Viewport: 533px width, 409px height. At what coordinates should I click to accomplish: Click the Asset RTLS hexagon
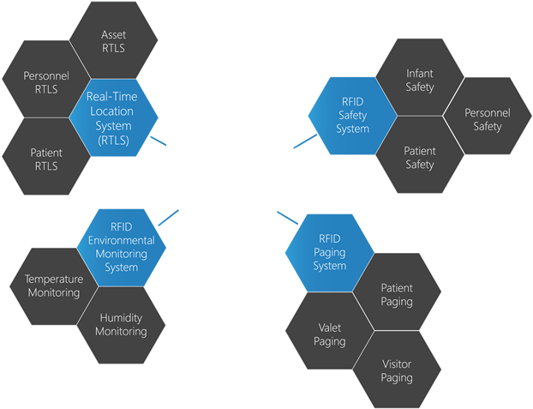click(113, 40)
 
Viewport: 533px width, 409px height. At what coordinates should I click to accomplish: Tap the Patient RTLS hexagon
click(45, 159)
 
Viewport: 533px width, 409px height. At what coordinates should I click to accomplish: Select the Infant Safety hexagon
click(420, 81)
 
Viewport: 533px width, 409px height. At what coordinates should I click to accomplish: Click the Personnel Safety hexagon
click(488, 119)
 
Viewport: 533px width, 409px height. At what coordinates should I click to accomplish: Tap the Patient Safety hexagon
click(420, 158)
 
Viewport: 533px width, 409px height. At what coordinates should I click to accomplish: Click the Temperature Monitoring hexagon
click(53, 286)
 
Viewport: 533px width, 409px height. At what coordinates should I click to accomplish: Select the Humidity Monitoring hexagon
click(120, 324)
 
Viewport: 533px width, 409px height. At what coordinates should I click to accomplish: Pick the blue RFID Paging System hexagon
click(331, 253)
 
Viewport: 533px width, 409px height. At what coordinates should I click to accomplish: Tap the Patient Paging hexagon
click(397, 295)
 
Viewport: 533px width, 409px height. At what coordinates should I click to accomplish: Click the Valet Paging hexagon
click(330, 334)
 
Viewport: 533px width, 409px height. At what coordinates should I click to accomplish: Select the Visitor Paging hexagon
click(397, 371)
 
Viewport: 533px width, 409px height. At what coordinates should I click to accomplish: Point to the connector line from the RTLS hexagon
click(159, 141)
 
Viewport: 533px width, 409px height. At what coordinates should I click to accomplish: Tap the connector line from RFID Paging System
click(286, 217)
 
